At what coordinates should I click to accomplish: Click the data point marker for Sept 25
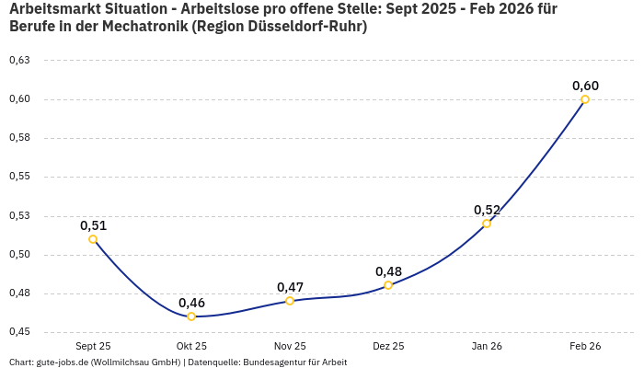coord(93,239)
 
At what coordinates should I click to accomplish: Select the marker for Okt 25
coord(191,316)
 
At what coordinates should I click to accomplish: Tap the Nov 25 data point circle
coord(290,301)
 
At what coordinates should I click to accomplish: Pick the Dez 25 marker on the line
coord(388,285)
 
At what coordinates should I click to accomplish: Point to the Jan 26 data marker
coord(487,224)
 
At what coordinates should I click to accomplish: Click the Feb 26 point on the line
coord(585,99)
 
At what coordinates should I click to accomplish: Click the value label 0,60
coord(585,86)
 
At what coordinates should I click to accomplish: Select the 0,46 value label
coord(191,303)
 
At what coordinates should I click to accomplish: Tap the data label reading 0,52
coord(487,210)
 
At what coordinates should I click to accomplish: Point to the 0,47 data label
coord(290,287)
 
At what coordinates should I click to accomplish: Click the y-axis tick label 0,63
coord(19,61)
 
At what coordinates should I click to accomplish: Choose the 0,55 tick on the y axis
coord(19,177)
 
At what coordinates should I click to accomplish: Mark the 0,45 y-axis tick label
coord(19,332)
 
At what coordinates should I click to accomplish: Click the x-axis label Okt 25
coord(191,347)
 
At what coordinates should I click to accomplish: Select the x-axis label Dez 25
coord(388,347)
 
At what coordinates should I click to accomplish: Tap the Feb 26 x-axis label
coord(585,347)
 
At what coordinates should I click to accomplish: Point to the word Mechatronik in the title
coord(148,27)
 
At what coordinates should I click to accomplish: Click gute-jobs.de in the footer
coord(62,362)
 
